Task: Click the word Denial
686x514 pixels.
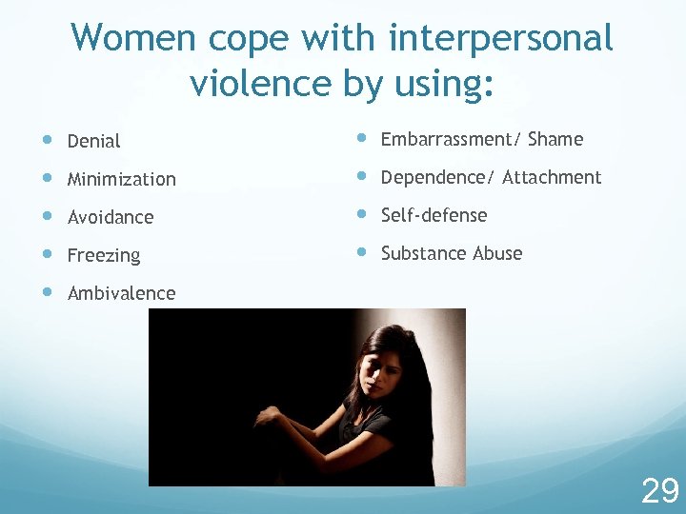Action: click(93, 141)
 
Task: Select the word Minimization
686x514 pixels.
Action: click(121, 179)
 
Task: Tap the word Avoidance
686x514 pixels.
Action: click(110, 217)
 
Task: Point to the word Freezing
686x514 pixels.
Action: click(103, 255)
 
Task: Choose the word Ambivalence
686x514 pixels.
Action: click(121, 293)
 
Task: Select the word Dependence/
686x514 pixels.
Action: click(437, 178)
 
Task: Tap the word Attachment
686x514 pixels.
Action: click(552, 178)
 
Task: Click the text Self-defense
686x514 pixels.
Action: click(434, 215)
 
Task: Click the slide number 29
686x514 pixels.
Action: click(659, 491)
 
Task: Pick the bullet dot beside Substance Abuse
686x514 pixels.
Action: click(361, 252)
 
